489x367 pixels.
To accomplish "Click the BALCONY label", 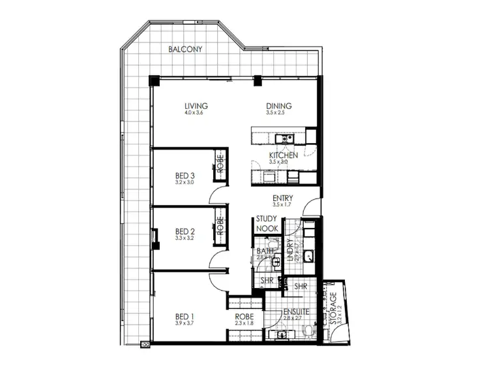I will [185, 50].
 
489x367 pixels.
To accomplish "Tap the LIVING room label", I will [195, 106].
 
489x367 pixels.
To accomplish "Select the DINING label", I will [278, 106].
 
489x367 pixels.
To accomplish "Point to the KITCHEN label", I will [284, 155].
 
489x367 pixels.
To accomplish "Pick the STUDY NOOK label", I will [267, 224].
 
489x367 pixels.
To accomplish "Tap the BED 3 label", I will [185, 176].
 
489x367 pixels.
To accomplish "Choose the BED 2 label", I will [185, 231].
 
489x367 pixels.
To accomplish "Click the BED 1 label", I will [185, 317].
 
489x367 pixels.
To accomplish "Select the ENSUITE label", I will [295, 312].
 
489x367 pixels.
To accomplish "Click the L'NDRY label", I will [290, 252].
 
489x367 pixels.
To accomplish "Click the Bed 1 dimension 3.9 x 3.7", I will [185, 323].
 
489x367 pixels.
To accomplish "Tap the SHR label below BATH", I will [266, 281].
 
